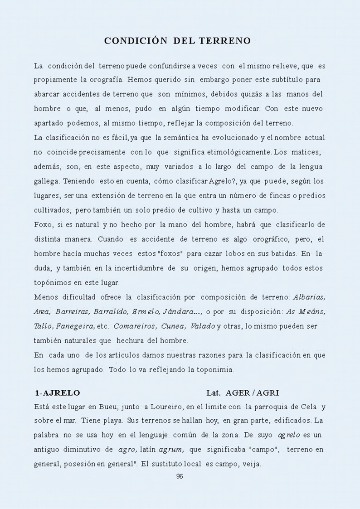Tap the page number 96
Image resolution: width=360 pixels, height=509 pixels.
pos(179,476)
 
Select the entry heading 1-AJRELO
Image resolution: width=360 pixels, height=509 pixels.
pos(58,392)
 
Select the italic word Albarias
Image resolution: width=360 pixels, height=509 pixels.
pos(310,297)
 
